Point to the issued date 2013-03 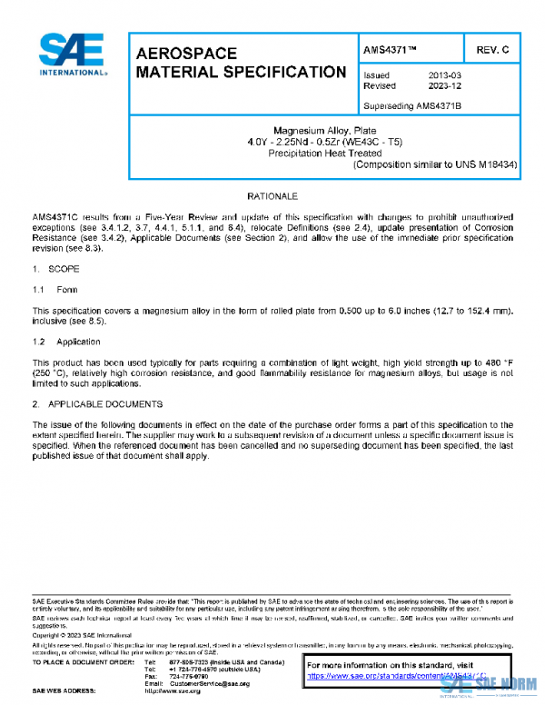tap(444, 75)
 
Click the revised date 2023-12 tap(444, 86)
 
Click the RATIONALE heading tap(273, 196)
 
